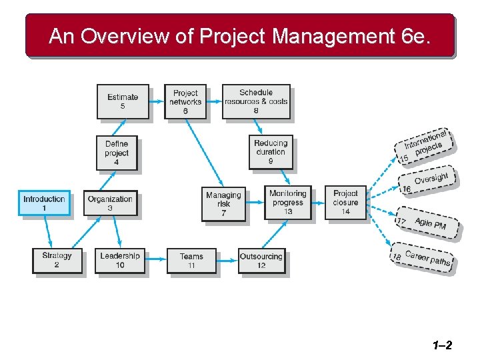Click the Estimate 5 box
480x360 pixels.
pyautogui.click(x=123, y=101)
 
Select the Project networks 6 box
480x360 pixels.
pyautogui.click(x=185, y=101)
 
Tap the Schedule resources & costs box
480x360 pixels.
pyautogui.click(x=256, y=101)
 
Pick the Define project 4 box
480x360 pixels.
pyautogui.click(x=117, y=153)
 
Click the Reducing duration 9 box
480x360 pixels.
pyautogui.click(x=271, y=152)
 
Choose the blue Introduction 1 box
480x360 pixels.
pyautogui.click(x=44, y=203)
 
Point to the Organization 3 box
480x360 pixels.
pyautogui.click(x=110, y=203)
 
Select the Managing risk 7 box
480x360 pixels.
pyautogui.click(x=223, y=203)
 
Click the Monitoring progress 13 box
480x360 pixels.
pyautogui.click(x=287, y=202)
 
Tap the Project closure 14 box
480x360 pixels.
pyautogui.click(x=345, y=202)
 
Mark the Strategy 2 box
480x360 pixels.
pyautogui.click(x=57, y=260)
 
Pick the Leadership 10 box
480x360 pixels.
pyautogui.click(x=120, y=260)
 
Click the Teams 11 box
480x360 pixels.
pyautogui.click(x=191, y=260)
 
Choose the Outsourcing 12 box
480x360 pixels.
pyautogui.click(x=261, y=260)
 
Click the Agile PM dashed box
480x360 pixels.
pyautogui.click(x=429, y=224)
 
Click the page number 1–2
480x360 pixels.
pyautogui.click(x=442, y=345)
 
